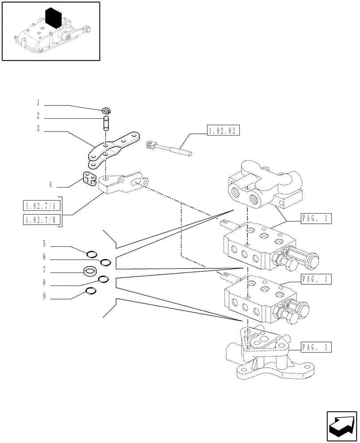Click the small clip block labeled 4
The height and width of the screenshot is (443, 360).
(x=89, y=179)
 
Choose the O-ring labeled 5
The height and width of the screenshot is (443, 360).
(x=92, y=254)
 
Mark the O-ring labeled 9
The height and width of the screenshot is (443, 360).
(x=90, y=291)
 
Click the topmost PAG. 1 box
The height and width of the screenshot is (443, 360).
(x=316, y=218)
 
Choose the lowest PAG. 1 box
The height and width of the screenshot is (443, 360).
(x=316, y=346)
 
